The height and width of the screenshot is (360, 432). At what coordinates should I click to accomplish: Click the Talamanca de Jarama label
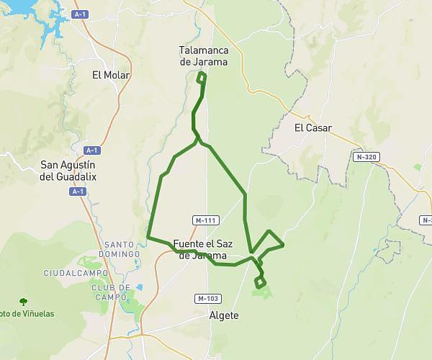tap(203, 55)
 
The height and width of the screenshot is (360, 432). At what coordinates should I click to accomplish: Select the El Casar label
tap(312, 128)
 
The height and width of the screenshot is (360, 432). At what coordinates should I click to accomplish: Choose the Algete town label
tap(223, 315)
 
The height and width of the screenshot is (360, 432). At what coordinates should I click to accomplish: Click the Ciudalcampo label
tap(76, 273)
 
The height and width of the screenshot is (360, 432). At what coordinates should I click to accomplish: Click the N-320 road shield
tap(366, 156)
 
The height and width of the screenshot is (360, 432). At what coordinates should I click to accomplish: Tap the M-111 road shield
tap(206, 220)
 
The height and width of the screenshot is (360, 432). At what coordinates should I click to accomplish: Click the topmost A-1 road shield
tap(80, 14)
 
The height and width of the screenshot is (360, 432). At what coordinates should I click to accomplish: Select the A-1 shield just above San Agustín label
tap(91, 150)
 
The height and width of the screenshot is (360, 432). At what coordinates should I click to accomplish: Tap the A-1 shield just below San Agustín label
tap(78, 191)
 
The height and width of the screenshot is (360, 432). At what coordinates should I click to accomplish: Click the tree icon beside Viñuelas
tap(24, 302)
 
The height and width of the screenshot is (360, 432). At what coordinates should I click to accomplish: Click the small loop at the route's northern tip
tap(202, 76)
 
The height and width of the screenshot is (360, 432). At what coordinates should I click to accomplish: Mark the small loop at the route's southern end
tap(260, 282)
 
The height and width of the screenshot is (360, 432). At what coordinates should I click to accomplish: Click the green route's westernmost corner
tap(148, 236)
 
